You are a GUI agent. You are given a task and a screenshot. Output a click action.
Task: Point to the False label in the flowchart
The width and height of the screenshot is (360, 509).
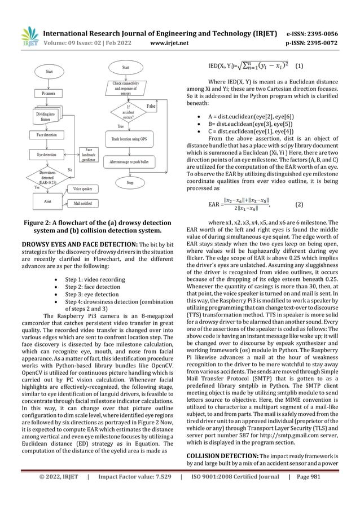coord(151,106)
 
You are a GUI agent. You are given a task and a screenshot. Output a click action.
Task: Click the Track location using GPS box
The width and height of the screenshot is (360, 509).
coord(128,138)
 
